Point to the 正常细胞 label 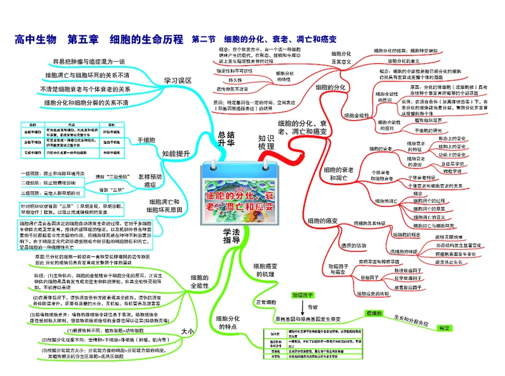click(268, 302)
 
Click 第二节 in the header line click(203, 39)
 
